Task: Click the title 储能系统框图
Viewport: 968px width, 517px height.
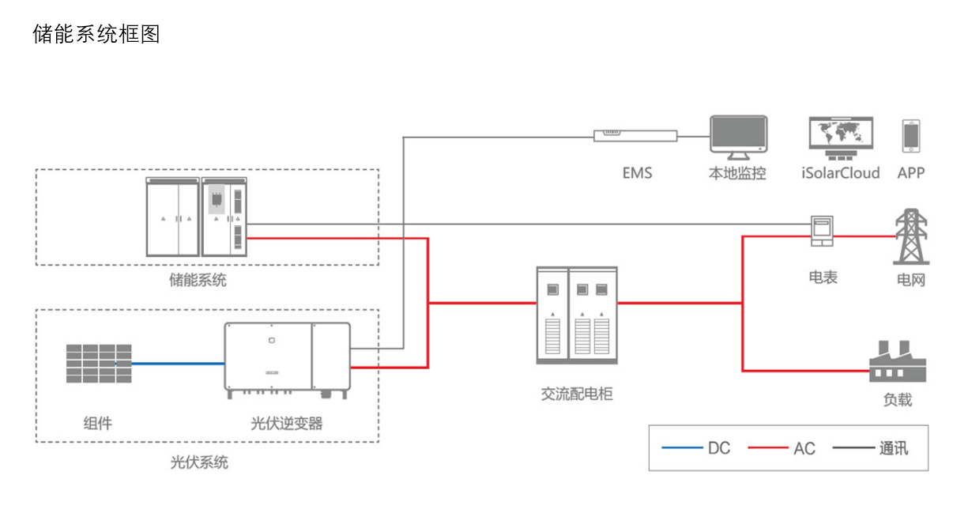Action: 96,34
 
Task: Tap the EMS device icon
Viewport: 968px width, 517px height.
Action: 635,135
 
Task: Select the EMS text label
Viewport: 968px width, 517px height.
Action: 637,173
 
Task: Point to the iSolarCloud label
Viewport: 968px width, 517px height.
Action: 841,173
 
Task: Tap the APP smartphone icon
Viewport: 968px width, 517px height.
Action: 912,137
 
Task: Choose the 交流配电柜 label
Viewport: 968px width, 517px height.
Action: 577,393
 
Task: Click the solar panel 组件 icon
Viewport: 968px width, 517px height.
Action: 99,363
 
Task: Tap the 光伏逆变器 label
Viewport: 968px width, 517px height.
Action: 287,424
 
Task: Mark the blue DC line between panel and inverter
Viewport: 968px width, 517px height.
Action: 178,364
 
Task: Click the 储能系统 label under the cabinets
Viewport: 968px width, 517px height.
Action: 198,280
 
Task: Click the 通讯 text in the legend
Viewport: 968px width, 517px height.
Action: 894,448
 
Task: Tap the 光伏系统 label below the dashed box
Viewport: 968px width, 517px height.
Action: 199,462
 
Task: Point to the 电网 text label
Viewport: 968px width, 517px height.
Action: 911,280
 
